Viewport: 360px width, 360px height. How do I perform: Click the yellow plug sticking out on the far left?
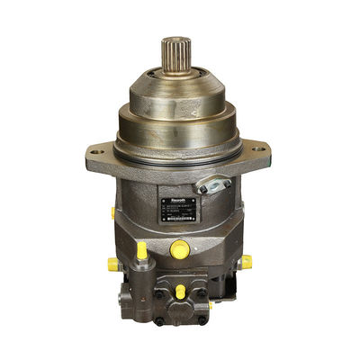pos(113,265)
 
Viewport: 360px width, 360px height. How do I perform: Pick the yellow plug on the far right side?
pos(245,262)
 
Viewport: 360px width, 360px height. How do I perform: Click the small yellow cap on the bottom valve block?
pos(180,292)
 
